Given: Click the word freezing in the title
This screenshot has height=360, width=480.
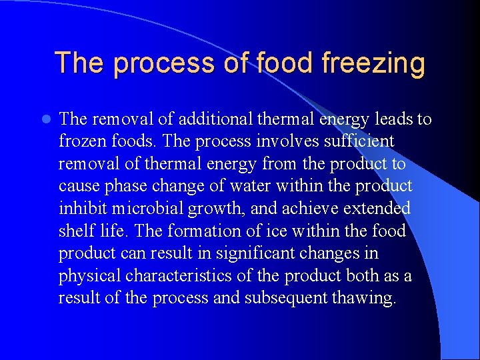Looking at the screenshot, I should click(x=373, y=64).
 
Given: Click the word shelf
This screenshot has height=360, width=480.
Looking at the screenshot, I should click(x=77, y=231).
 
